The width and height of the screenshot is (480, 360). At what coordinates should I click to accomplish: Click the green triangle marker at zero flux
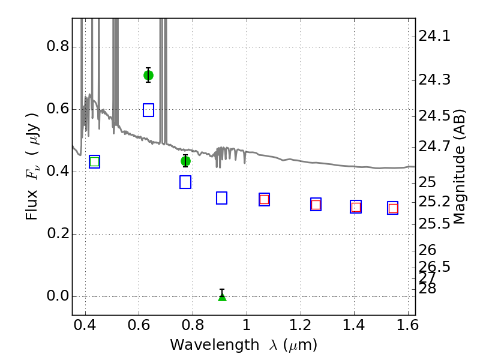click(222, 297)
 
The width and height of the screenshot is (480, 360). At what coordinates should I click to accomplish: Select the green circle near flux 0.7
click(148, 75)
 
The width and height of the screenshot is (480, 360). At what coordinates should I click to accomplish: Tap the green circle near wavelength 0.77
click(185, 161)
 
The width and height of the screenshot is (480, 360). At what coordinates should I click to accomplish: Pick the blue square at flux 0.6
click(148, 110)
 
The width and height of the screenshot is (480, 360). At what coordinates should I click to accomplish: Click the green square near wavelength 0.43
click(95, 161)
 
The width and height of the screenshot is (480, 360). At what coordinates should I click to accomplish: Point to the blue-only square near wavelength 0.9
click(221, 198)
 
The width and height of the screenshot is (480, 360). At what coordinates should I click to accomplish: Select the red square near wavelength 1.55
click(393, 208)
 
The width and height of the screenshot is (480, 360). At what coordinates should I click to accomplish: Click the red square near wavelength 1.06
click(264, 200)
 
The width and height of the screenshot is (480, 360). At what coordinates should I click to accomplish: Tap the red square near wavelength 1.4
click(356, 207)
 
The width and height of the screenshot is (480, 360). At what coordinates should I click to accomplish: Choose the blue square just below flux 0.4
click(185, 182)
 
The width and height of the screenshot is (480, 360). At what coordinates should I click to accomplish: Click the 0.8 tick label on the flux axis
click(57, 46)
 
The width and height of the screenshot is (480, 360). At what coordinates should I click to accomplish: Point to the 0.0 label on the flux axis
click(57, 296)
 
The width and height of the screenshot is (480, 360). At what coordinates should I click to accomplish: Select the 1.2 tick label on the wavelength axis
click(301, 325)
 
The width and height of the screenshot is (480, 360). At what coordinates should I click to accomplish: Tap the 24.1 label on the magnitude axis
click(434, 36)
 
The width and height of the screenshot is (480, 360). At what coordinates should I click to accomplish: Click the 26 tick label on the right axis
click(427, 250)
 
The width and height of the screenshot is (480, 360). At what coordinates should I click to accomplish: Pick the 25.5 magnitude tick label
click(434, 224)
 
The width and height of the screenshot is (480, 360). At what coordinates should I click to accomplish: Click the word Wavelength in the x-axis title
click(215, 345)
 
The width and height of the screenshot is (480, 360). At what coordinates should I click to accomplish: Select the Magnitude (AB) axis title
click(458, 167)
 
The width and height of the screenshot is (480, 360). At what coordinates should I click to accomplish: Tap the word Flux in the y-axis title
click(31, 205)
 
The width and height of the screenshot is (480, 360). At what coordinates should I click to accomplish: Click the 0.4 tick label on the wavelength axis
click(85, 325)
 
